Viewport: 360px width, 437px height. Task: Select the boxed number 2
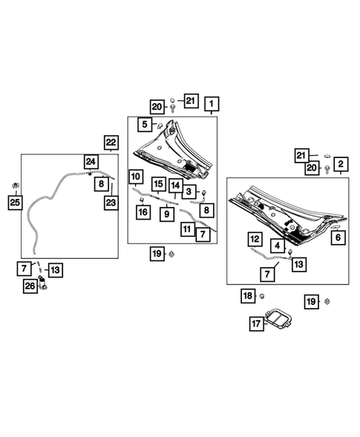coord(341,164)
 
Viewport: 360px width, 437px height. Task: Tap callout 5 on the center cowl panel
coord(145,124)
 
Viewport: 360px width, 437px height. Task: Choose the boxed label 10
coord(134,177)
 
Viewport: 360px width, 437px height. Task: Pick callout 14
coord(175,185)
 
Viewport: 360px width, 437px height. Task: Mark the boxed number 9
coord(167,214)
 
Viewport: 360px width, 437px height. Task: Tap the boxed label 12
coord(254,239)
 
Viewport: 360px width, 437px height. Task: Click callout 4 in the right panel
coord(276,245)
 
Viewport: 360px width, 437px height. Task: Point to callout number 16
coord(143,212)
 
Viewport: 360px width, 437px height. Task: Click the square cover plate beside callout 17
coord(278,320)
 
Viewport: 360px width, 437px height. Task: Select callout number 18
coord(249,297)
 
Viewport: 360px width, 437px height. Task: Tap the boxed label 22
coord(111,142)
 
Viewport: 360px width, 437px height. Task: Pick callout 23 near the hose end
coord(110,200)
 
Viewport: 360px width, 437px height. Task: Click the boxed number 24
coord(90,161)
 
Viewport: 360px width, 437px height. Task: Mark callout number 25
coord(13,200)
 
